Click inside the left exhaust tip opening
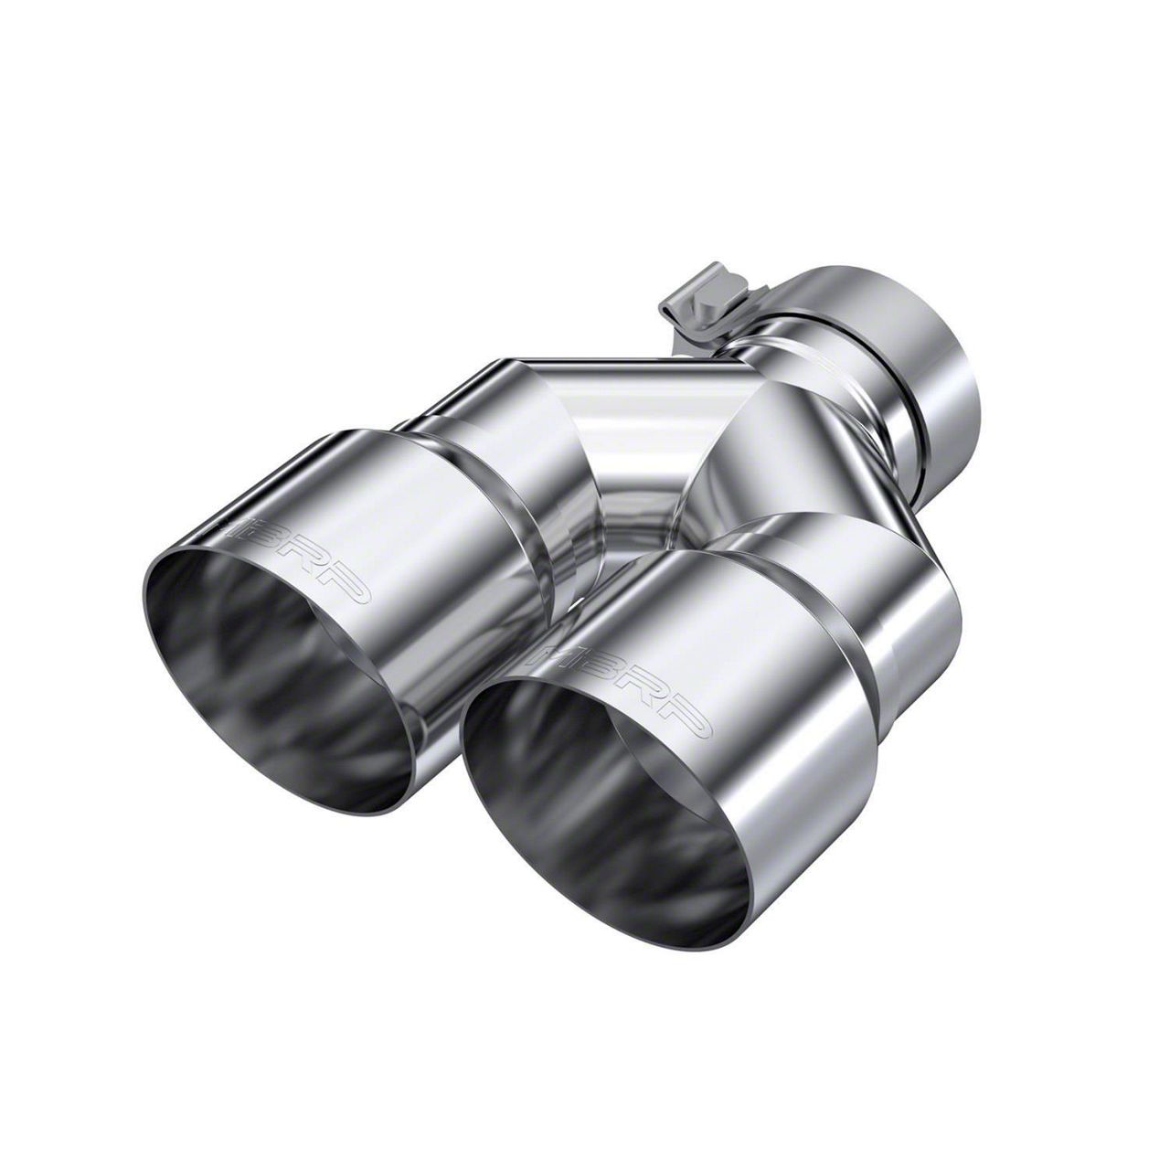[274, 676]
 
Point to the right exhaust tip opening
[603, 804]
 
